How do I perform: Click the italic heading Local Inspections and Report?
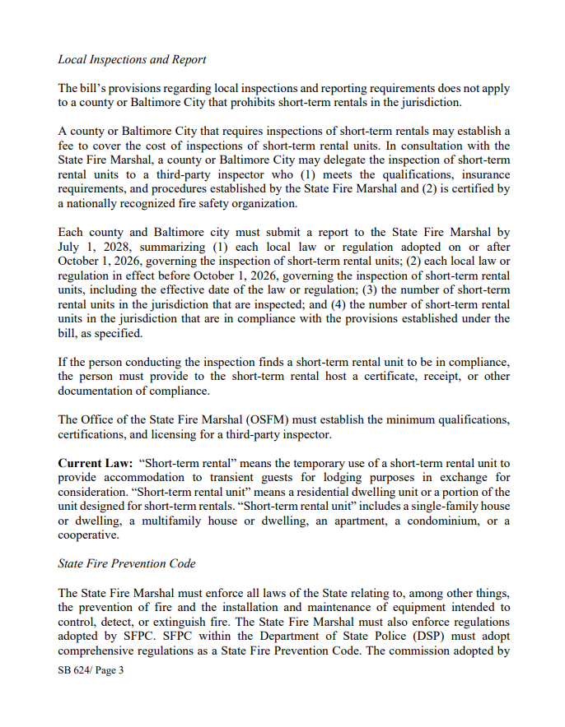[132, 59]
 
